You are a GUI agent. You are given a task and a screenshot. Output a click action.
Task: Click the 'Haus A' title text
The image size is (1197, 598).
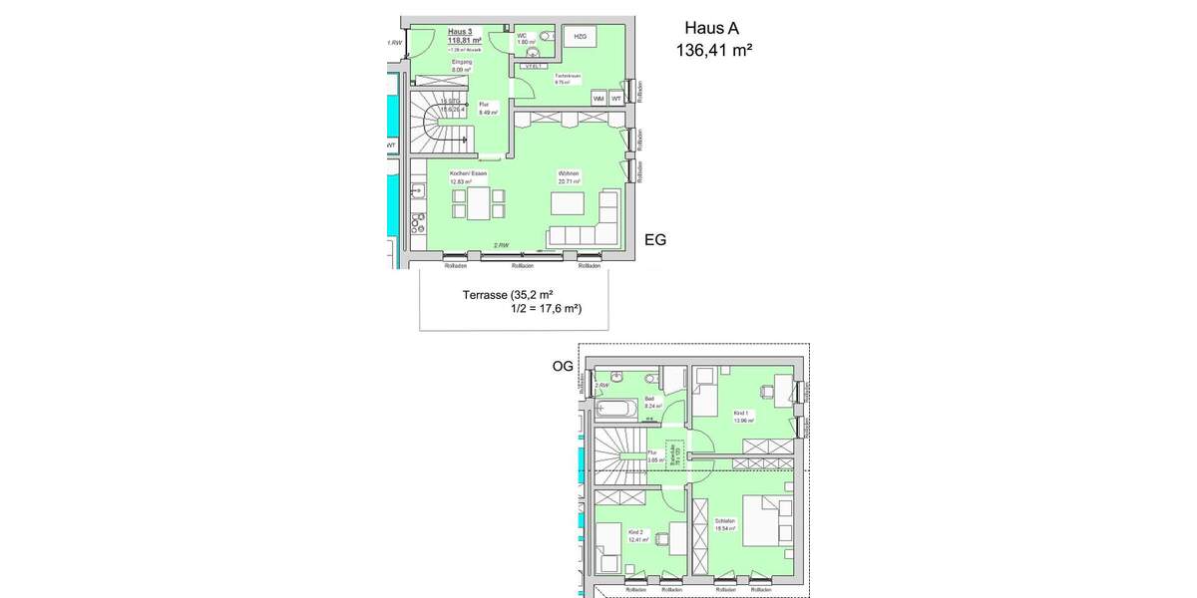710,29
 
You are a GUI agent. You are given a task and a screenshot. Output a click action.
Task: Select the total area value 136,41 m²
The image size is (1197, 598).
714,50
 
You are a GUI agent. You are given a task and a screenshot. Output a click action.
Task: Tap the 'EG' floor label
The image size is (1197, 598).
654,239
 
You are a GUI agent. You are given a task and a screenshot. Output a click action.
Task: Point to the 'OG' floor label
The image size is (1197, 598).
563,367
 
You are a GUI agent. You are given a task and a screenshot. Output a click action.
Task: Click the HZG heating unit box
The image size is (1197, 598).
579,37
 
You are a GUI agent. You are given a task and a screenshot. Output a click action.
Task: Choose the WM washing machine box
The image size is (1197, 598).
598,99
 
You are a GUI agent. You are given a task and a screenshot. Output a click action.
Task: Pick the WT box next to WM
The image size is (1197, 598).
616,99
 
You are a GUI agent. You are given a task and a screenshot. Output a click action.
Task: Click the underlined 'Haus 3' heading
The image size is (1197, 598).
460,31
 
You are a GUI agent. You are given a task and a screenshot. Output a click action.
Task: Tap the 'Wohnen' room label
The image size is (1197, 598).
569,174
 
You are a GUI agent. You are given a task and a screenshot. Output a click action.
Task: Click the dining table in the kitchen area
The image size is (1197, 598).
478,202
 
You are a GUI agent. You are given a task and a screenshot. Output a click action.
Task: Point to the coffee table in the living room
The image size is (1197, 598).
569,203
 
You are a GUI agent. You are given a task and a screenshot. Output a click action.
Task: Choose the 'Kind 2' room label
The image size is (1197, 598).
635,533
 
